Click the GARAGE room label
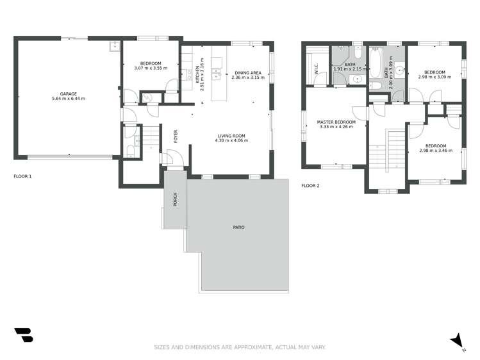click(68, 94)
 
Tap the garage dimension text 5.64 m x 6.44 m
click(68, 99)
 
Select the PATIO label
click(238, 227)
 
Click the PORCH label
click(175, 199)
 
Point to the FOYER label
click(176, 136)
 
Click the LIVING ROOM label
click(231, 135)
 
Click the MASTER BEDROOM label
click(336, 122)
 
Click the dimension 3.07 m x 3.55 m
click(151, 68)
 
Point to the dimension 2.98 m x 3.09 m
click(434, 77)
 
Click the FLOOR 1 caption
click(22, 176)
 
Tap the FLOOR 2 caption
click(310, 186)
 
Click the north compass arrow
click(458, 341)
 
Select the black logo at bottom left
click(23, 335)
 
